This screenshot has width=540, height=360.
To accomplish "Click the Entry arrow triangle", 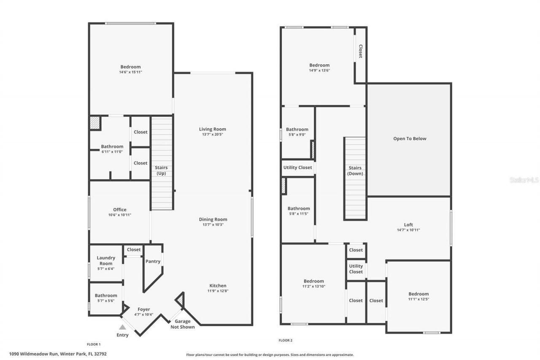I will pos(122,327).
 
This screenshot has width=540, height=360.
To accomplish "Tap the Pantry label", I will pos(153,261).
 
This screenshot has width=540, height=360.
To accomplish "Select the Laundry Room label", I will pos(105,260).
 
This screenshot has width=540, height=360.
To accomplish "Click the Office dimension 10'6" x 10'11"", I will pos(119,215).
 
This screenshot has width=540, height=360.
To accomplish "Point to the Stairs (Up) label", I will pos(162,171).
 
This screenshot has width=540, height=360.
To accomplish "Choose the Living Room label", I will pos(213,129).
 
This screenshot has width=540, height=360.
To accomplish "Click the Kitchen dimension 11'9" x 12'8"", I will pos(218,291).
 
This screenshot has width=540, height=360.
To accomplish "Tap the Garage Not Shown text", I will pos(182,324).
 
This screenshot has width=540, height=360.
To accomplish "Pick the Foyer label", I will pos(144,309).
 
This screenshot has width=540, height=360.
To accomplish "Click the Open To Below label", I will pos(410,138).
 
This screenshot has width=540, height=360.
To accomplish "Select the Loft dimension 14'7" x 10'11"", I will pos(408,230).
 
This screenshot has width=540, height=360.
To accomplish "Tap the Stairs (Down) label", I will pos(355,171).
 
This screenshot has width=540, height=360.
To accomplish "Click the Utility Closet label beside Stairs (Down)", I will pos(298,168).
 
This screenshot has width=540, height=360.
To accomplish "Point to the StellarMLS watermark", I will pos(524,180).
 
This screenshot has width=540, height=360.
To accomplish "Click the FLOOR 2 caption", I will pos(286,340).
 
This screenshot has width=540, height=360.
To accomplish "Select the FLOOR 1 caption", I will pos(94,344).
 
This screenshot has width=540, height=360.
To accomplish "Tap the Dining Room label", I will pos(213,219).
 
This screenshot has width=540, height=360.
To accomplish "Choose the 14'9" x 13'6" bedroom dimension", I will pos(319,70).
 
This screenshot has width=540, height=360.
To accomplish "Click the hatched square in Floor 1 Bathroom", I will pos(94,123).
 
